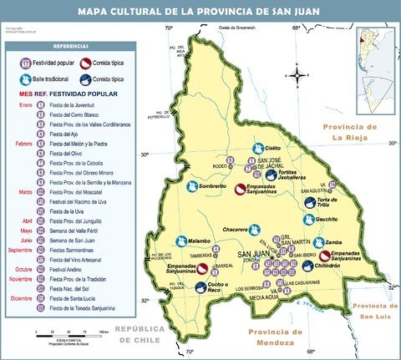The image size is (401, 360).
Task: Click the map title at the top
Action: click(x=200, y=11)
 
